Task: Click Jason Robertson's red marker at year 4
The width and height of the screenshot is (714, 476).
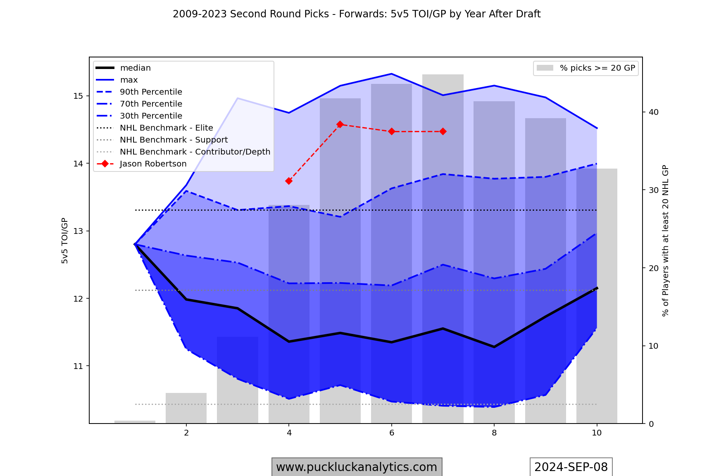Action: tap(289, 181)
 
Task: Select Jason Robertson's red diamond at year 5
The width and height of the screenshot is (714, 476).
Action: tap(340, 124)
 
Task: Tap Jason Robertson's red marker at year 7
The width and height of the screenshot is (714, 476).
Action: tap(443, 131)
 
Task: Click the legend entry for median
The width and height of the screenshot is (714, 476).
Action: tap(135, 68)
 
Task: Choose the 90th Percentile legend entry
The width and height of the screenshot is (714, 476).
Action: tap(151, 92)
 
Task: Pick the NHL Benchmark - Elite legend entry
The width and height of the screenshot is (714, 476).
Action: tap(166, 128)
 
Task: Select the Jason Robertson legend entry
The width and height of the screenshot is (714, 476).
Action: tap(153, 164)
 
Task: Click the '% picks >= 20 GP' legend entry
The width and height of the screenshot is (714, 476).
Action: tap(597, 68)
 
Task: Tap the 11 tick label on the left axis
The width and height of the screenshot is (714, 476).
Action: tap(78, 366)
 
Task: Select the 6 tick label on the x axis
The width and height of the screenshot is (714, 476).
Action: tap(392, 433)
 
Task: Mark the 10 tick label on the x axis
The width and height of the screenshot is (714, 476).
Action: tap(597, 433)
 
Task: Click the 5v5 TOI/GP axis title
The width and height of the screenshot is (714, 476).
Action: tap(65, 240)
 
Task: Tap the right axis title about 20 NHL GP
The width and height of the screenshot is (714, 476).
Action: tap(665, 240)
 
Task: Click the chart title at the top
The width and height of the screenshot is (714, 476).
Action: tap(357, 14)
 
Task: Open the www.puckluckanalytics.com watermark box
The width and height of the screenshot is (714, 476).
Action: tap(357, 467)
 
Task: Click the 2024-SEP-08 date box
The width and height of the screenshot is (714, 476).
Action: tap(571, 467)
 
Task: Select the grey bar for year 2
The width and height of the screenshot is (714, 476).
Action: tap(186, 408)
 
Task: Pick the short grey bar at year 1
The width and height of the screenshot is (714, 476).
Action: tap(135, 422)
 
